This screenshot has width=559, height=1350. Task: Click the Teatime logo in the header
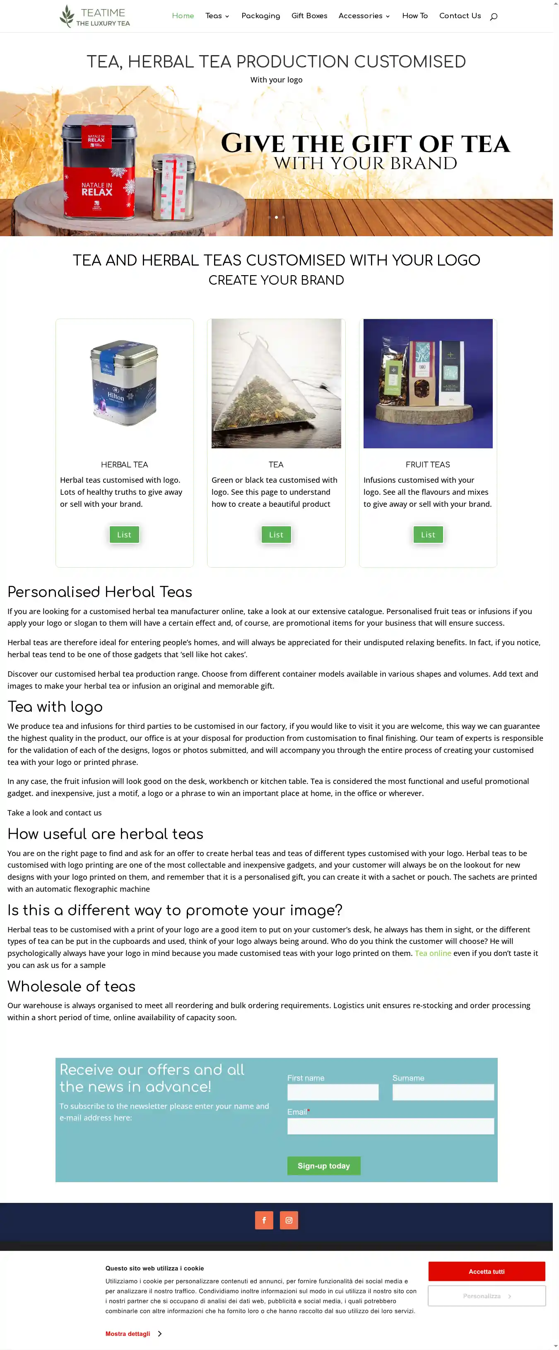point(95,16)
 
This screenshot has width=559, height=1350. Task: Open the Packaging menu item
point(260,16)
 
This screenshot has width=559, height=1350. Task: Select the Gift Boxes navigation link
point(309,16)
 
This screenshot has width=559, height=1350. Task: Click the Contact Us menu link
point(460,16)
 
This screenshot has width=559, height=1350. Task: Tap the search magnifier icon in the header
point(493,17)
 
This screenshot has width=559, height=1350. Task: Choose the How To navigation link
point(414,16)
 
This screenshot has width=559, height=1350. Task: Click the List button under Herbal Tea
point(124,535)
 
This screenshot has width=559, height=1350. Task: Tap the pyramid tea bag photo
point(276,384)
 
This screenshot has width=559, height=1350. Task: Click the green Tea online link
point(433,953)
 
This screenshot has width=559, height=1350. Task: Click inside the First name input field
point(333,1092)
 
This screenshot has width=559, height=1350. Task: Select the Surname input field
point(443,1092)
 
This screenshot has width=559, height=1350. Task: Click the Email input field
point(390,1126)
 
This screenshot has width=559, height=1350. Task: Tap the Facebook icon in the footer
point(264,1220)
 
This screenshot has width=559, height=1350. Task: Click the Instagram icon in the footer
point(289,1220)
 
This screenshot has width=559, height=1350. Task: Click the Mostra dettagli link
point(128,1333)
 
